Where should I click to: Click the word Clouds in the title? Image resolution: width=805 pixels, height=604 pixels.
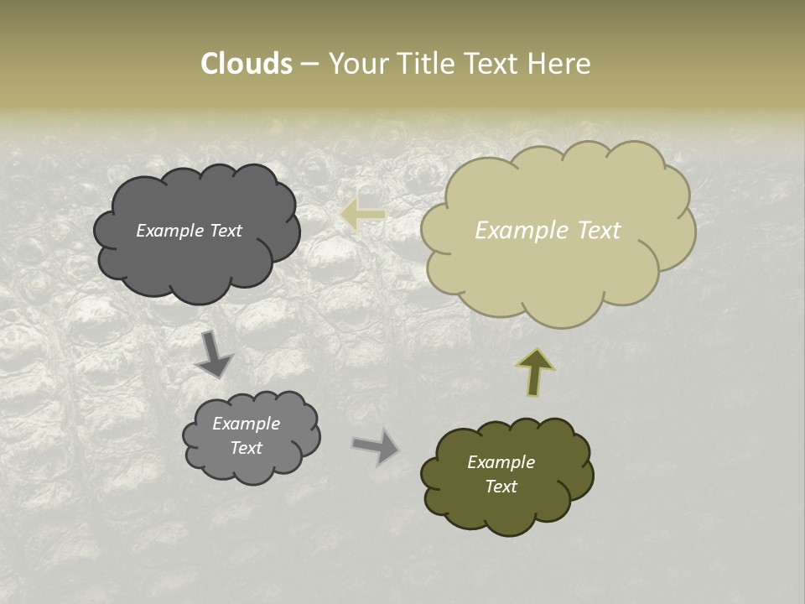[246, 64]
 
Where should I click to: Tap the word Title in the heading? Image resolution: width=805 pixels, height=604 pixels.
[425, 64]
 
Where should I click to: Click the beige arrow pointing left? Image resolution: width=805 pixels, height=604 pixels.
[362, 215]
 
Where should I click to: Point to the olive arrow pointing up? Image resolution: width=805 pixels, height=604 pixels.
[535, 372]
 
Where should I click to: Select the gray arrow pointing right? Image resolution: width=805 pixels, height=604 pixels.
[376, 445]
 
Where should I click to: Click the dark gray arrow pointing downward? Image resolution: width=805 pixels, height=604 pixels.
[214, 353]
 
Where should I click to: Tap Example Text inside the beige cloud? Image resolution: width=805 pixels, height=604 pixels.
[548, 231]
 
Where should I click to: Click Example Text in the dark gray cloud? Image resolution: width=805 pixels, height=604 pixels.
[189, 231]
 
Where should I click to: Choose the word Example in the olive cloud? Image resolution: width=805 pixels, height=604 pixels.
[501, 462]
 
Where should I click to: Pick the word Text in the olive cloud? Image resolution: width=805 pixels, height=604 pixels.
[501, 487]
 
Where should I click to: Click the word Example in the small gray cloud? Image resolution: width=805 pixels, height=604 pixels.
[246, 424]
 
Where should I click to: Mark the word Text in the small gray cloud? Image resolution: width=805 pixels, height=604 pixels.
[246, 448]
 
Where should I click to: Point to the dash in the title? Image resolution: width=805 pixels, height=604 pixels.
[309, 64]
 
